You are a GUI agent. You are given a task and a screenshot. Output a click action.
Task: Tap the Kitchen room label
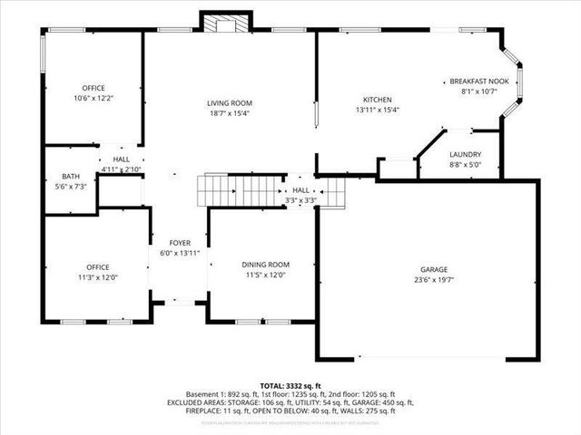(x=377, y=100)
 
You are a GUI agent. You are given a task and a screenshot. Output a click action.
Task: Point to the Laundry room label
(x=465, y=155)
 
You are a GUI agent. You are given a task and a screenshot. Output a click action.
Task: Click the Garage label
(x=434, y=270)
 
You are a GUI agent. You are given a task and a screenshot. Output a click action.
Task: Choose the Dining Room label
(x=266, y=265)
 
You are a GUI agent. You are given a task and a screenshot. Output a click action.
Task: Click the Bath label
(x=71, y=176)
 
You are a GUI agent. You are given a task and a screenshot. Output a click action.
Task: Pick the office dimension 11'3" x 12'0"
(x=97, y=277)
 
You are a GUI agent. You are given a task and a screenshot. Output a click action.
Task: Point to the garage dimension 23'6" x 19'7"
(x=434, y=280)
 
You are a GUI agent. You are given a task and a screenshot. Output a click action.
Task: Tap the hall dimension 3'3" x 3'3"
(x=300, y=199)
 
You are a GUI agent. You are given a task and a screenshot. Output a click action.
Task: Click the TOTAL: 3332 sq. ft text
(x=290, y=385)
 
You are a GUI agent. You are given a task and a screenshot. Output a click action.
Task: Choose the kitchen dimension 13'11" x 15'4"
(x=377, y=110)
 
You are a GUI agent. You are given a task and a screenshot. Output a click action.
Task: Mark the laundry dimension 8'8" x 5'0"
(x=465, y=165)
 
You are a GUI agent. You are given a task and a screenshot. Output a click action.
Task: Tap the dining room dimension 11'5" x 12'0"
(x=266, y=275)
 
